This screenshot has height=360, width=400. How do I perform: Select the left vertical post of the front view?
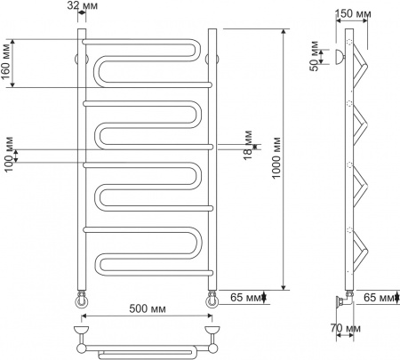point(83,160)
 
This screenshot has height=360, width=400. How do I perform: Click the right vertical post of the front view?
point(212,160)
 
